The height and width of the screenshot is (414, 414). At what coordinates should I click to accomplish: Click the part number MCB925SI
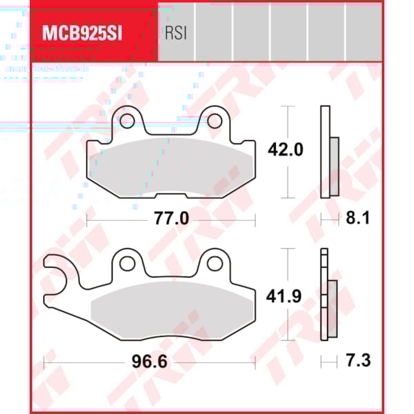pyautogui.click(x=82, y=33)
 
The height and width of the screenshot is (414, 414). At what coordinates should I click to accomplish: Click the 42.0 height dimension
pyautogui.click(x=285, y=149)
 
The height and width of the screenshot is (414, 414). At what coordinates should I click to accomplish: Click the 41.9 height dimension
pyautogui.click(x=285, y=297)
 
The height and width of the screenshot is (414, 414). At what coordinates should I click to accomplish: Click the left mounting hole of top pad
pyautogui.click(x=126, y=121)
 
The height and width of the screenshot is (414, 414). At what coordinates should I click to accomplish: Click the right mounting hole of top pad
pyautogui.click(x=215, y=121)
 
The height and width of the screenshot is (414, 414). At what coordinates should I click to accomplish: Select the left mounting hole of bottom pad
pyautogui.click(x=126, y=263)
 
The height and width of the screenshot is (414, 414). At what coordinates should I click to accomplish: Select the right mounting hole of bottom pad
pyautogui.click(x=215, y=263)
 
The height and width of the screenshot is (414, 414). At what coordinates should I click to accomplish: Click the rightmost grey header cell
pyautogui.click(x=364, y=32)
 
